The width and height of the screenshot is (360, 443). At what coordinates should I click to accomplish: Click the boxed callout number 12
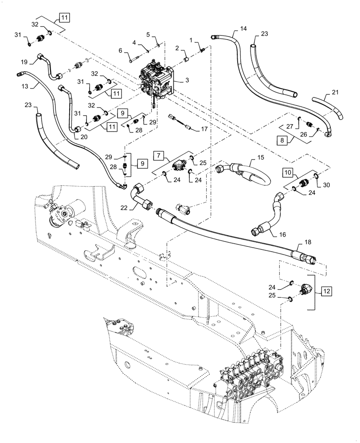click(326, 291)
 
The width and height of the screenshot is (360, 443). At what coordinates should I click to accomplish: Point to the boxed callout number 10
click(287, 171)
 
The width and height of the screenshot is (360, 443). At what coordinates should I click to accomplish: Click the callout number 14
click(243, 28)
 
